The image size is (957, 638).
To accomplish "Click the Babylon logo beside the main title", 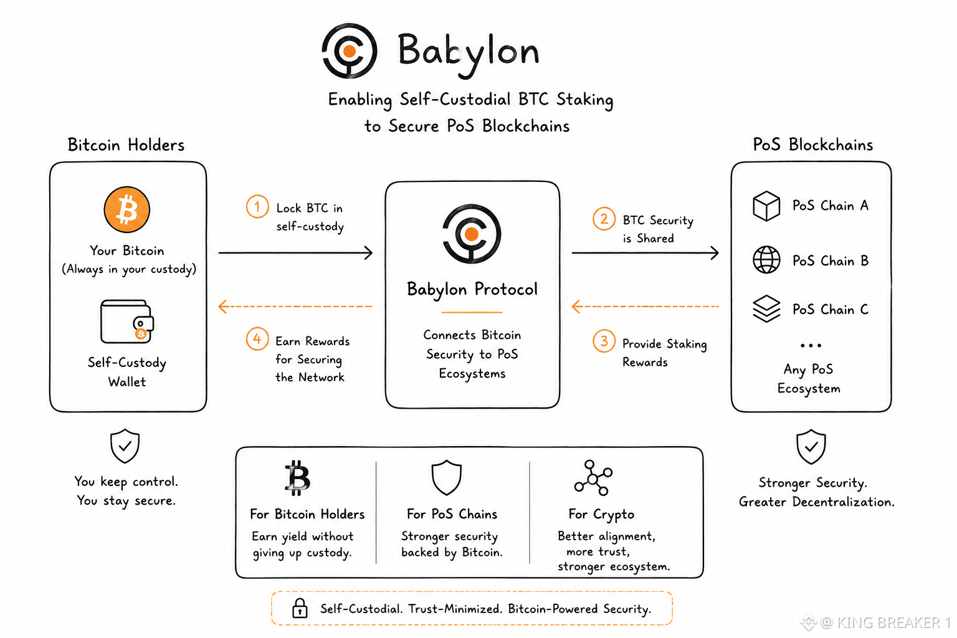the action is (x=350, y=51).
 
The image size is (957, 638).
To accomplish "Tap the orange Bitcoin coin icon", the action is (x=127, y=209).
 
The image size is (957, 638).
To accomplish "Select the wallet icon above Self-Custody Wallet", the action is (x=127, y=321).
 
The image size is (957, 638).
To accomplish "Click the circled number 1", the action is (x=257, y=207).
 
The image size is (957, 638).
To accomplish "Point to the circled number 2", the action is (x=604, y=219).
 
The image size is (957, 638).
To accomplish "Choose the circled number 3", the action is (x=604, y=341).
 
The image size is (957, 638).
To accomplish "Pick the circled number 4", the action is (x=257, y=339).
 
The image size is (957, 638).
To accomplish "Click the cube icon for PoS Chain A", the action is (x=766, y=206).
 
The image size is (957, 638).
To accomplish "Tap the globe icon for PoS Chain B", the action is (x=766, y=260).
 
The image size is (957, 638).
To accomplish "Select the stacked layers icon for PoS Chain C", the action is (x=766, y=308).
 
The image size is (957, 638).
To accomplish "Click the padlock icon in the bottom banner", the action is (x=300, y=607).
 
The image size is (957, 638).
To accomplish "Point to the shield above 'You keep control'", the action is (x=125, y=446).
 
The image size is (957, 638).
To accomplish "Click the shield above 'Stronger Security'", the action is (x=811, y=447).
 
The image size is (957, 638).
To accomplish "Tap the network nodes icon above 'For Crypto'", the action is (x=593, y=478).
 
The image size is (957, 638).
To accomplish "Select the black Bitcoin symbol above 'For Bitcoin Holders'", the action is (x=297, y=478).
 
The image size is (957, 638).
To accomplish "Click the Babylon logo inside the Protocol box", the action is (x=472, y=234).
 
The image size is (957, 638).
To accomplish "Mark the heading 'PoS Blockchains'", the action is (x=812, y=145).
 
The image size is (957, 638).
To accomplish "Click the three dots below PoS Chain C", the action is (x=811, y=345).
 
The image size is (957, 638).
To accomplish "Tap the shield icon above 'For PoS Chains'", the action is (x=447, y=478).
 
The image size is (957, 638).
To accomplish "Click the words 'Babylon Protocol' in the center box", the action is (x=472, y=289).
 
